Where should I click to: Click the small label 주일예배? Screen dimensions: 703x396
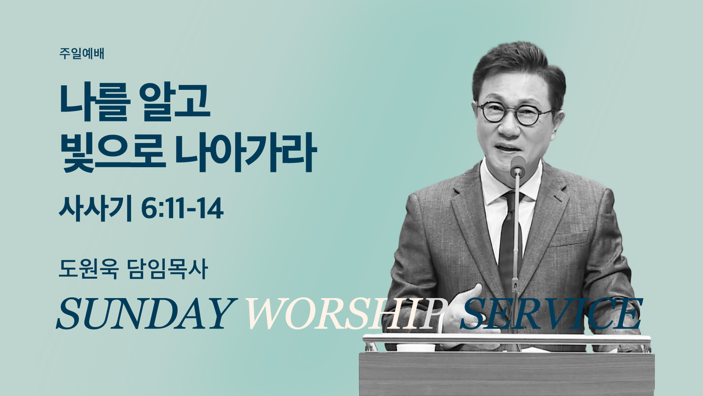tap(82, 54)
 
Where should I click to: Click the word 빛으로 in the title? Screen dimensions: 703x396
tap(112, 152)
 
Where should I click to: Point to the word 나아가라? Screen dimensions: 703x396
tap(246, 152)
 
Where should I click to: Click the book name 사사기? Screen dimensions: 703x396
tap(95, 209)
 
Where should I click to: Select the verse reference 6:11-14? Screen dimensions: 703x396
tap(182, 209)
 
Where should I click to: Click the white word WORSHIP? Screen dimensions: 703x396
tap(346, 313)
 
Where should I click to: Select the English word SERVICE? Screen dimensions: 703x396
tap(551, 313)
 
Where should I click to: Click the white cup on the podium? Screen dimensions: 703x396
tap(415, 348)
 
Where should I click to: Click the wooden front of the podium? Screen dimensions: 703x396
tap(506, 374)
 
